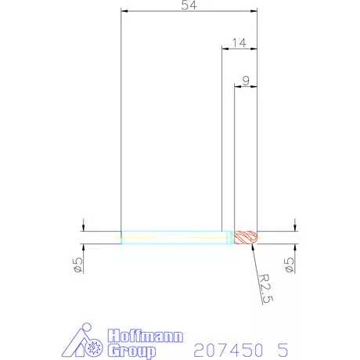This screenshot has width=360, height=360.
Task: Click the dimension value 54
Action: click(189, 5)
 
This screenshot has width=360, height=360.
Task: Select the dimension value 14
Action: click(239, 43)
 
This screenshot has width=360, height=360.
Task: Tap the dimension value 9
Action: click(246, 81)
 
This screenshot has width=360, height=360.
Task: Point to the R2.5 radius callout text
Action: click(266, 289)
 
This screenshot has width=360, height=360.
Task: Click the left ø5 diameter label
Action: click(78, 265)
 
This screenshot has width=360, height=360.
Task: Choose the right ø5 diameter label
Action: click(290, 265)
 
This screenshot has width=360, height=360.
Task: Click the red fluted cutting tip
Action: click(246, 238)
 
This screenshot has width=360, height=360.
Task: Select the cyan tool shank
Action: click(178, 238)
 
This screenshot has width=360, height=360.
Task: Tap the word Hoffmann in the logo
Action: click(146, 336)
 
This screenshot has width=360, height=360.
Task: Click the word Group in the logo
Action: click(131, 351)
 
